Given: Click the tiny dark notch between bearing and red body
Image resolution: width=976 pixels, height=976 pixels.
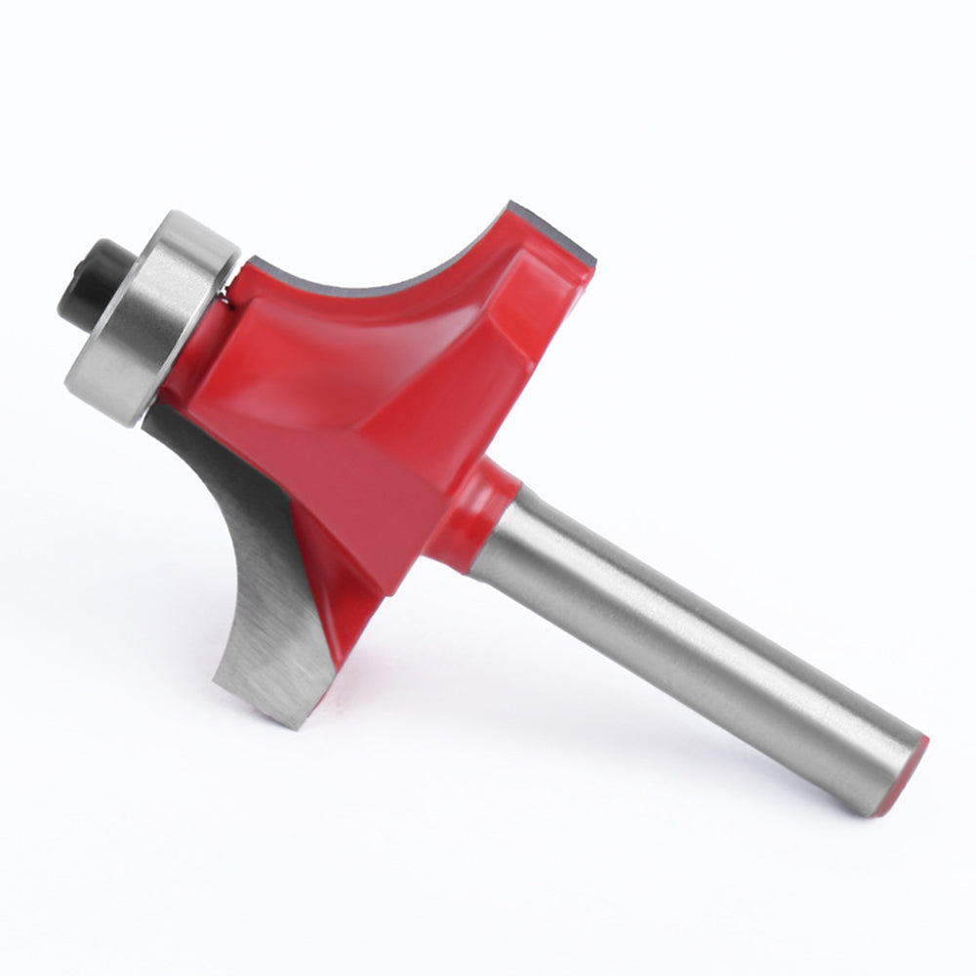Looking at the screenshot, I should click(x=226, y=300).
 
